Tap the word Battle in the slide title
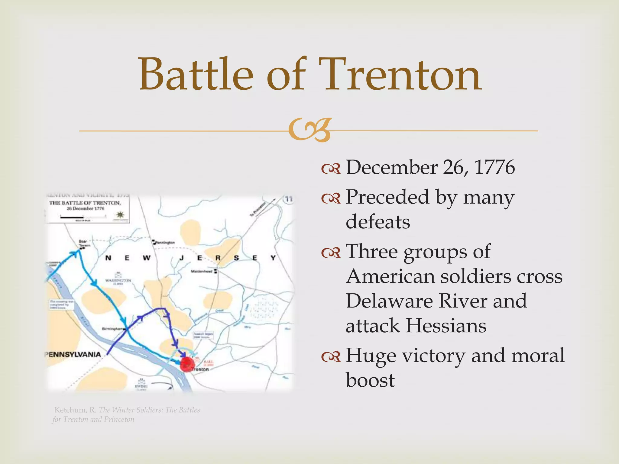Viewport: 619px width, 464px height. tap(196, 75)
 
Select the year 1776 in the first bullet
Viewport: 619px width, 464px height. tap(494, 167)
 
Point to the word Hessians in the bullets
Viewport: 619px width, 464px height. tap(446, 326)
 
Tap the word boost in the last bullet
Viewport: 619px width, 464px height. tap(370, 380)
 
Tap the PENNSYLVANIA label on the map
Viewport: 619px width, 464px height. tap(73, 354)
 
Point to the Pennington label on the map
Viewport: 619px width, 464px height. tap(165, 243)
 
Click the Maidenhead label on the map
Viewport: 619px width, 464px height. tap(202, 271)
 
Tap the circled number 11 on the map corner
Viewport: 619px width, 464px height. tap(289, 199)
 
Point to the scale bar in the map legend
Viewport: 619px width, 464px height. tap(83, 216)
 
